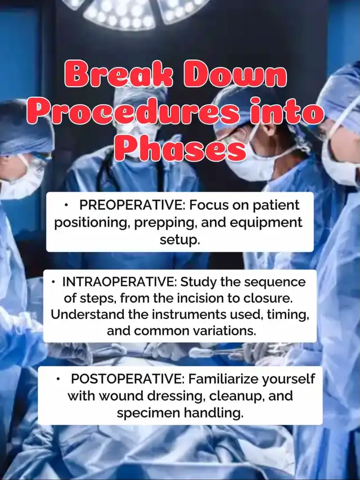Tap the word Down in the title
pos(235,74)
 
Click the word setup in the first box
pos(180,240)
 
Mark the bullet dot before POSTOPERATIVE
pos(58,379)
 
